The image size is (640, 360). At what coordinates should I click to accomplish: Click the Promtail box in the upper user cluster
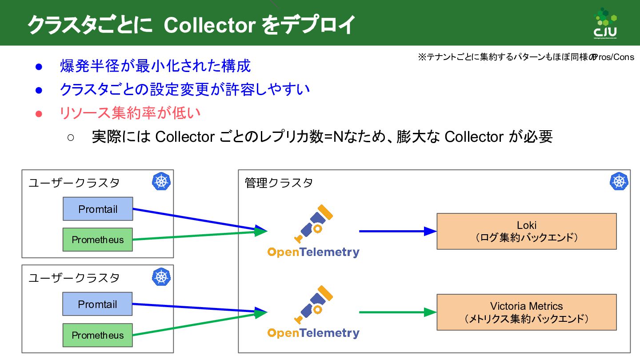(x=98, y=209)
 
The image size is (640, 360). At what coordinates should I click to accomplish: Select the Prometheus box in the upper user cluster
(x=98, y=240)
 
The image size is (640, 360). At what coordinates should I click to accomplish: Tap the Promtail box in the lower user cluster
(x=98, y=304)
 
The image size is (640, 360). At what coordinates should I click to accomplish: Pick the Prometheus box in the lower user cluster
(x=98, y=335)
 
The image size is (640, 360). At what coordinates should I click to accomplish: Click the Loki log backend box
(x=527, y=231)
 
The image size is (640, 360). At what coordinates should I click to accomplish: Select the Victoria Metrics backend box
(x=527, y=312)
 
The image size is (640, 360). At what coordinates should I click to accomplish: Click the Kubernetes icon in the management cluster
(x=619, y=181)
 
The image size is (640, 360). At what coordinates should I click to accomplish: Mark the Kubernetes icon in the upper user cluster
(x=161, y=181)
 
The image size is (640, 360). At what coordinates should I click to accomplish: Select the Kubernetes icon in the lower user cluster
(x=161, y=277)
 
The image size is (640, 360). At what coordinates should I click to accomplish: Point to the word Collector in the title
(x=209, y=25)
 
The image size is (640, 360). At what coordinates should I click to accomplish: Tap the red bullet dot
(x=39, y=113)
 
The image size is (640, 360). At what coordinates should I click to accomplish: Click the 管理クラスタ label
(x=279, y=183)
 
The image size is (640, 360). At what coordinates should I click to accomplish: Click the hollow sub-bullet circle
(x=71, y=137)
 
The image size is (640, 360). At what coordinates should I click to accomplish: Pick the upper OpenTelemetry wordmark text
(x=313, y=252)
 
